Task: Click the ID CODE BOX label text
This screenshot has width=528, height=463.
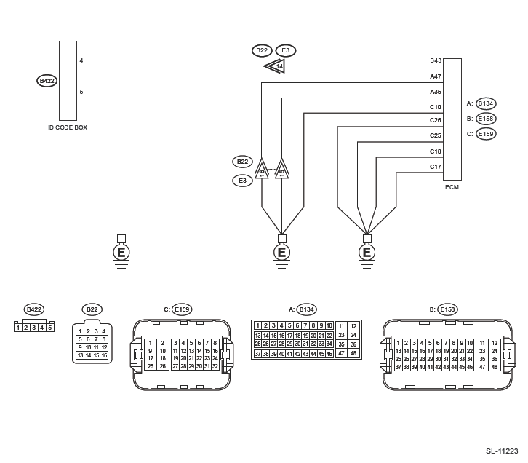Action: (68, 127)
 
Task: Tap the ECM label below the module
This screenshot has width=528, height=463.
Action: (452, 187)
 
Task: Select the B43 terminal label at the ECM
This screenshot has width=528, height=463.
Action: (436, 60)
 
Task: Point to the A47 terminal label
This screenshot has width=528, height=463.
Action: (436, 76)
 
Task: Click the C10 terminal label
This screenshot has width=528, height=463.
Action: (436, 107)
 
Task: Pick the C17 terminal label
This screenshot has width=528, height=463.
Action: (436, 167)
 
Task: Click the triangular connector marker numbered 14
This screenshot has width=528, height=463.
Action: (274, 66)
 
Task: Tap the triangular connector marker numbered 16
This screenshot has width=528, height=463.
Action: (262, 169)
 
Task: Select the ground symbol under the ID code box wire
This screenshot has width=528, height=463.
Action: (121, 252)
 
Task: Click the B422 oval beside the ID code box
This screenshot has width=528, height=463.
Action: (47, 81)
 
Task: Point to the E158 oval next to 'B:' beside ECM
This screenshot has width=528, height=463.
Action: (486, 119)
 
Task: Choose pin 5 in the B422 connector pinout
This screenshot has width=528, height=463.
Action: (50, 328)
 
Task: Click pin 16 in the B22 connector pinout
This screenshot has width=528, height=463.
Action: (105, 355)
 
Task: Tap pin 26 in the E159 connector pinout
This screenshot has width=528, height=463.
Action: (163, 366)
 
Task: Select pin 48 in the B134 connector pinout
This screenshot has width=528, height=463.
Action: (353, 354)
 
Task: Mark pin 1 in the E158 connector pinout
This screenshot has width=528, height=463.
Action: (399, 343)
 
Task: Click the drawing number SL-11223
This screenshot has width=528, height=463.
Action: (502, 451)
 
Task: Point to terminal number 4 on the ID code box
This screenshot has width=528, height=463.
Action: (81, 60)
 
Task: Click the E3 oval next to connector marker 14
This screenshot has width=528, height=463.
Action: (286, 50)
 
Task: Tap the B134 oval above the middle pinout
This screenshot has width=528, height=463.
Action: (307, 309)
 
